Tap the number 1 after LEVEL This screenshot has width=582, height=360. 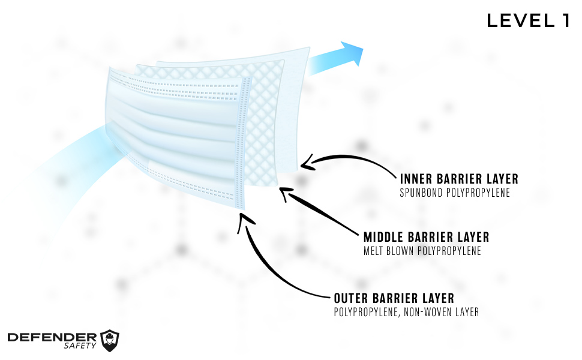click(x=565, y=20)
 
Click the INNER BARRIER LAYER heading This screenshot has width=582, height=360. click(x=459, y=179)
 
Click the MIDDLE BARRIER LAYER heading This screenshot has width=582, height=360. click(x=426, y=237)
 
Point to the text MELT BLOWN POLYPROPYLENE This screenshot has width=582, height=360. click(x=422, y=251)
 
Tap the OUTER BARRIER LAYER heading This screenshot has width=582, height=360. click(x=394, y=298)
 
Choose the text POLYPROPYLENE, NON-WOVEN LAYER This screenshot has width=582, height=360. click(x=406, y=312)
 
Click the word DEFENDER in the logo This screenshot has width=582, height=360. click(x=52, y=337)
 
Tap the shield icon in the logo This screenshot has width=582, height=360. click(x=109, y=340)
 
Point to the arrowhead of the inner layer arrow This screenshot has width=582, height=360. click(x=306, y=162)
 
